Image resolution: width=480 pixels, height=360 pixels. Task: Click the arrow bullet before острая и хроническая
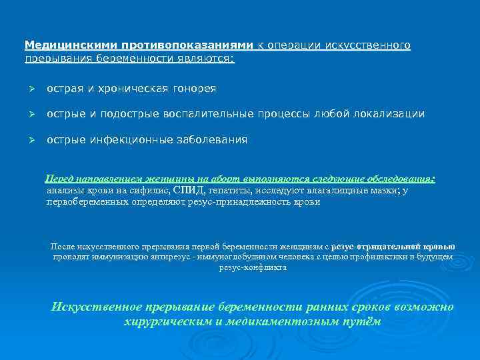tap(29, 89)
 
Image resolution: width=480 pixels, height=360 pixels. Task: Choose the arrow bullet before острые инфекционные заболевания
tap(29, 140)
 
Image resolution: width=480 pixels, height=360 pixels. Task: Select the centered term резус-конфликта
tap(253, 267)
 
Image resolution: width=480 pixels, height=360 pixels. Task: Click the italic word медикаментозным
tap(275, 321)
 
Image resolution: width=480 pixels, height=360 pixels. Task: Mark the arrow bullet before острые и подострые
tap(29, 114)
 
